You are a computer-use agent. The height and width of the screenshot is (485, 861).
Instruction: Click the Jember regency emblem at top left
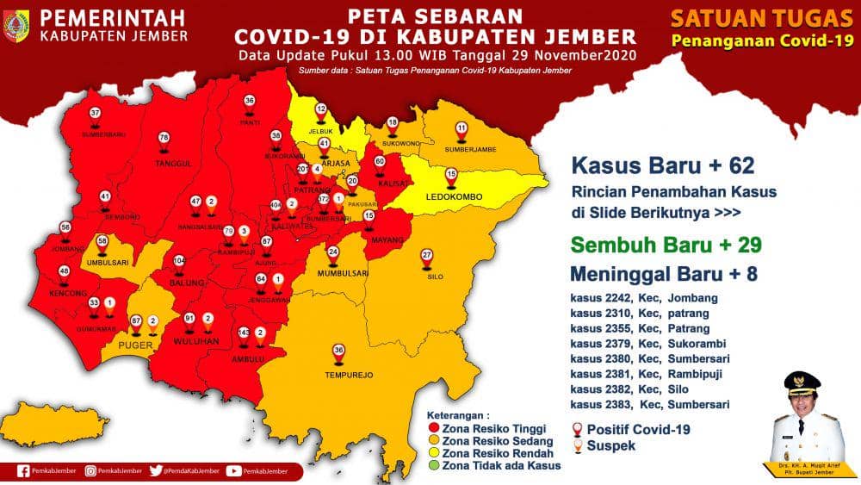[x=16, y=26]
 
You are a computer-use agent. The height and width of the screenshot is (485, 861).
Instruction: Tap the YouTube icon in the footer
[x=233, y=471]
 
